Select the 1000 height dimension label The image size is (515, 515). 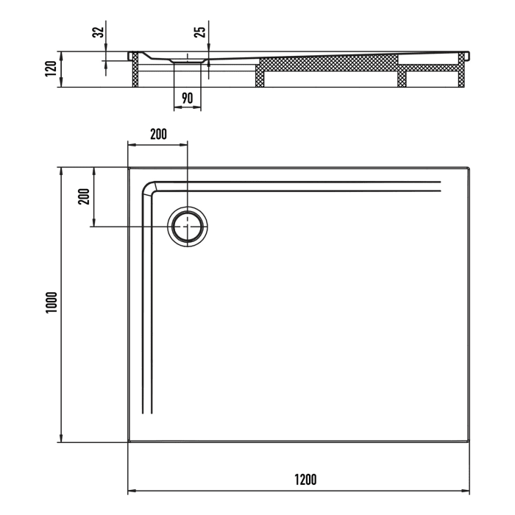[x=50, y=304]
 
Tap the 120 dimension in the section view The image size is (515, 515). [x=50, y=69]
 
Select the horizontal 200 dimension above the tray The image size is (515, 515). [x=158, y=134]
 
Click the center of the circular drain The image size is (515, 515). [x=188, y=227]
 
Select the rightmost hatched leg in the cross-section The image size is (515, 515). [x=463, y=74]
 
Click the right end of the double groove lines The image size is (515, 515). [x=439, y=186]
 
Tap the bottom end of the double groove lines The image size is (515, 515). [x=148, y=416]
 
